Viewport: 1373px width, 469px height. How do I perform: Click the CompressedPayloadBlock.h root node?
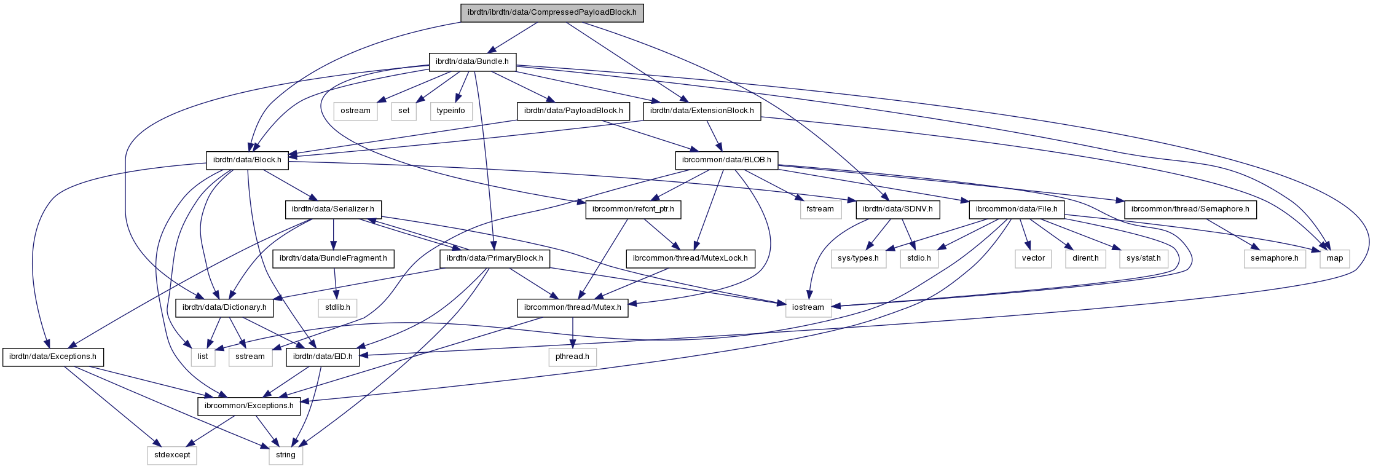552,12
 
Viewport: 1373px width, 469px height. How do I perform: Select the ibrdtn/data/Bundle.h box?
472,61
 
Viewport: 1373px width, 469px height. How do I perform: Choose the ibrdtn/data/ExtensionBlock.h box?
702,111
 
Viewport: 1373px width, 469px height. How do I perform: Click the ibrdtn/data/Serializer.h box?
333,209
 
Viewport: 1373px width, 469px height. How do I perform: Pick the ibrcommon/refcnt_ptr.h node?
633,209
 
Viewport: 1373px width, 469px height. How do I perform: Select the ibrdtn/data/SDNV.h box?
897,209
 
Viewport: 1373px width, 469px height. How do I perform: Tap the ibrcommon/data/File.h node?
1017,209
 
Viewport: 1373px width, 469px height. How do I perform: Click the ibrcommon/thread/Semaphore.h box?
1190,209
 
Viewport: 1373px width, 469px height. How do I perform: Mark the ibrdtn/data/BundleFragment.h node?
333,258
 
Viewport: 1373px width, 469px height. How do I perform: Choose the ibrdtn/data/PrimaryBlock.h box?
495,258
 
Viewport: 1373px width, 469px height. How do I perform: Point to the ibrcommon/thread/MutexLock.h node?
690,258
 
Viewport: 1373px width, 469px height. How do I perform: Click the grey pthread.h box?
572,357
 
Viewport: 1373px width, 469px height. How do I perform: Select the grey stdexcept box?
172,455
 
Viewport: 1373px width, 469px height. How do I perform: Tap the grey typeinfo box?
451,111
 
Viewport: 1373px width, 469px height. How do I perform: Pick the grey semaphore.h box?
1275,258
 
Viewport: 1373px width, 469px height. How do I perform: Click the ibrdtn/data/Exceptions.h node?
53,357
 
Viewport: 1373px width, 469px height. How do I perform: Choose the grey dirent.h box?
1085,258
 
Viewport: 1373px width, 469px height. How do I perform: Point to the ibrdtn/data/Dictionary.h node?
225,307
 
